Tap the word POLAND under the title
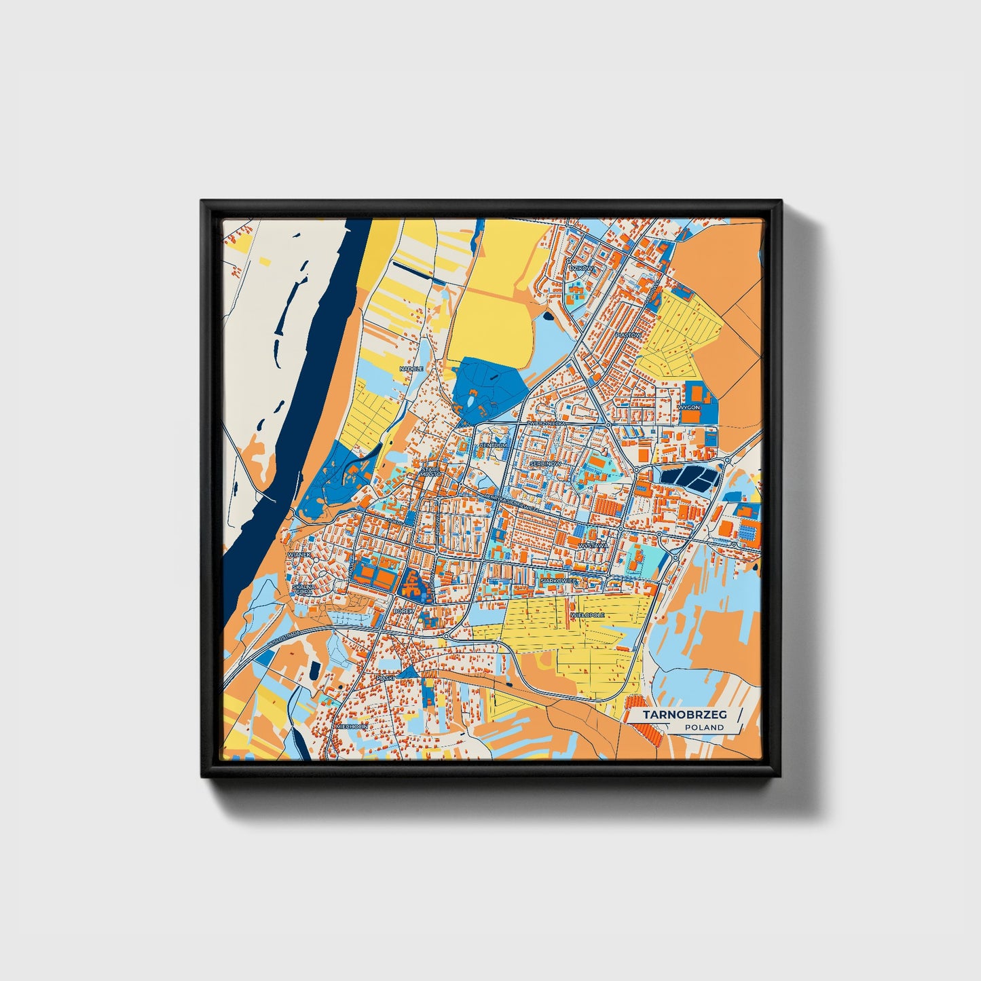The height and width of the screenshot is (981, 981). (704, 728)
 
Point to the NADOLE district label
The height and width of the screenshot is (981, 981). (411, 369)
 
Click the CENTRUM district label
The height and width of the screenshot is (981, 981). (493, 445)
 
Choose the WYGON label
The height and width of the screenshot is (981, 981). (688, 407)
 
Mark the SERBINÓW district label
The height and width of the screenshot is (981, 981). (546, 463)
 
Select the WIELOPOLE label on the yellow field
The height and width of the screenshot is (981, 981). (588, 614)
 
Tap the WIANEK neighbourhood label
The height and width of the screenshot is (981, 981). (299, 555)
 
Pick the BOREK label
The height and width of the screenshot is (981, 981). (403, 611)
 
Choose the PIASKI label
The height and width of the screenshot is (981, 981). (385, 678)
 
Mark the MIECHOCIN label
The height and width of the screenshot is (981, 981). (352, 726)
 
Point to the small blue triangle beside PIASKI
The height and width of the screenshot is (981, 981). (409, 671)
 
